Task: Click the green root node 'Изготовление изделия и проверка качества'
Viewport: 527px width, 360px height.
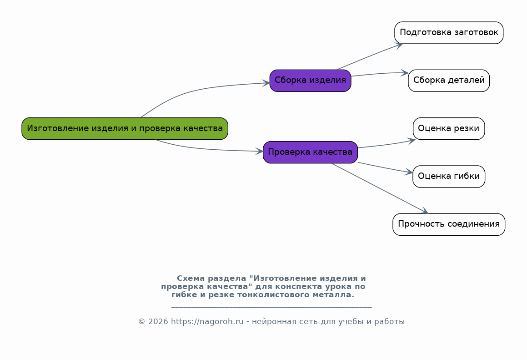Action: (125, 128)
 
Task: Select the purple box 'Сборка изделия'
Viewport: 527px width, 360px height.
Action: (310, 81)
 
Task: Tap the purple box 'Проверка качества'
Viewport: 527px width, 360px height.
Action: (310, 152)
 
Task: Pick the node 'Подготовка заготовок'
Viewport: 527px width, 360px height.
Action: (449, 33)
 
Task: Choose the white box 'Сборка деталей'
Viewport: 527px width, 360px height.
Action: (449, 81)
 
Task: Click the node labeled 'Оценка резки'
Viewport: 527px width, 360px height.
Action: (449, 128)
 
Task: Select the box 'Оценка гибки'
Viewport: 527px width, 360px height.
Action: (449, 176)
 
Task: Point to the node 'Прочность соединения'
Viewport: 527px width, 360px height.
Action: (449, 224)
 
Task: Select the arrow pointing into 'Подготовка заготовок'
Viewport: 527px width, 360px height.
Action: (370, 56)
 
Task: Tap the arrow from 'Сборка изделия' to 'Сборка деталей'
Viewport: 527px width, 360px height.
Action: (380, 73)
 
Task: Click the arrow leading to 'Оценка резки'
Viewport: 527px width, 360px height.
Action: (386, 144)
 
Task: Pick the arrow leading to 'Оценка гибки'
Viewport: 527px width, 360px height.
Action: (385, 168)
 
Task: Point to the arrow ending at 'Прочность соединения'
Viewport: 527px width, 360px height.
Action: (380, 188)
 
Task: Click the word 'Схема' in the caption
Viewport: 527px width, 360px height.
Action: (191, 279)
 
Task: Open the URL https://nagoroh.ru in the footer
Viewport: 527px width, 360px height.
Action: (207, 322)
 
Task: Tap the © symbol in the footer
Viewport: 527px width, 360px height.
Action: (141, 322)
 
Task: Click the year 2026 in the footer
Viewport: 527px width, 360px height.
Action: (158, 322)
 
